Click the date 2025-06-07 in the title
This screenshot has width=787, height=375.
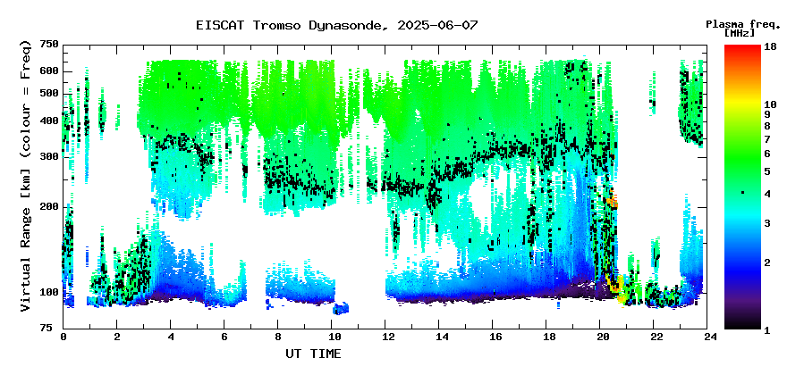point(437,25)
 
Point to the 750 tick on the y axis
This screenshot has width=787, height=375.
point(51,46)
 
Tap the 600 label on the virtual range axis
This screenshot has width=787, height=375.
point(51,71)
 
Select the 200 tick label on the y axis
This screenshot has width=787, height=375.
point(51,206)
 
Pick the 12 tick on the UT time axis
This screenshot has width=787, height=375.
point(385,337)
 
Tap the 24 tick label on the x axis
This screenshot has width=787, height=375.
point(707,337)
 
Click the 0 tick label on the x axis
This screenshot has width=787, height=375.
point(63,337)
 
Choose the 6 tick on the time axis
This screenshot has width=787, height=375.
point(224,337)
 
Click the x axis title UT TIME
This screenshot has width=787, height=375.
point(313,354)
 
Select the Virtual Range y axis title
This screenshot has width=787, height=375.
point(26,177)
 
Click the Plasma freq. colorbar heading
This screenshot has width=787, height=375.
point(743,24)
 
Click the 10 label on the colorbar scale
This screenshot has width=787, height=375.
point(770,104)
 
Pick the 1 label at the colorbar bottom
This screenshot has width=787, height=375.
point(767,331)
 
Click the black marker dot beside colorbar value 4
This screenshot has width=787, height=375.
point(742,193)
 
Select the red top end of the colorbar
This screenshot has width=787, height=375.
point(742,47)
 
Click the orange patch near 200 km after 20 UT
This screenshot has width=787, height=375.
point(612,202)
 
